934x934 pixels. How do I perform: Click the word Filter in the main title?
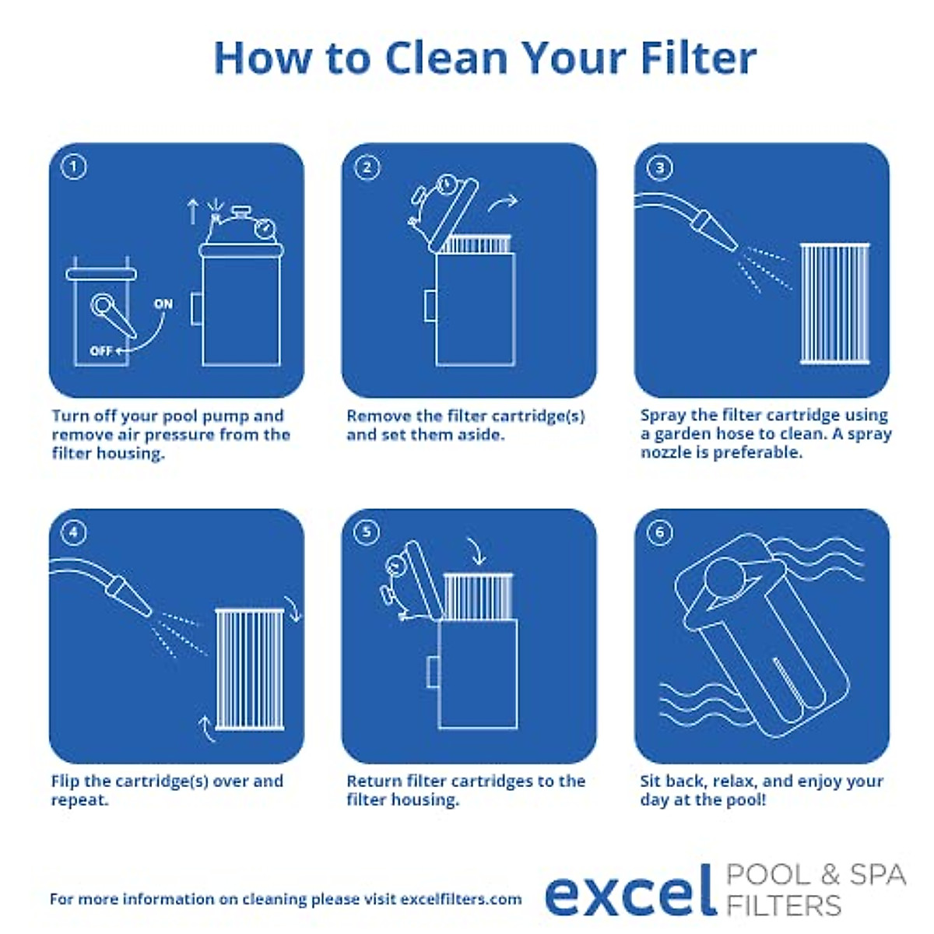(x=697, y=58)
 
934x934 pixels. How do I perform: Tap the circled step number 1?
(x=74, y=167)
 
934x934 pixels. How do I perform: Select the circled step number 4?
(x=74, y=532)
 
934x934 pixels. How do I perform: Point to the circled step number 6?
(x=660, y=532)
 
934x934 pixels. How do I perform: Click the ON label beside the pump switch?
(x=163, y=304)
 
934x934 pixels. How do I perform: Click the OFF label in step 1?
(x=101, y=351)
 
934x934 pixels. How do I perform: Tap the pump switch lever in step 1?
(x=114, y=317)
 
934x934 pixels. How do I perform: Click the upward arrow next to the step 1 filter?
(x=193, y=211)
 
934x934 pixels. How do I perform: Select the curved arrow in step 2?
(x=502, y=204)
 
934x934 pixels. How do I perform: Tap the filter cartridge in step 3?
(x=834, y=304)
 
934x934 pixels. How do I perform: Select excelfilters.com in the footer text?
(x=461, y=899)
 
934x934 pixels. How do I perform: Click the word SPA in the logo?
(x=876, y=874)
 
